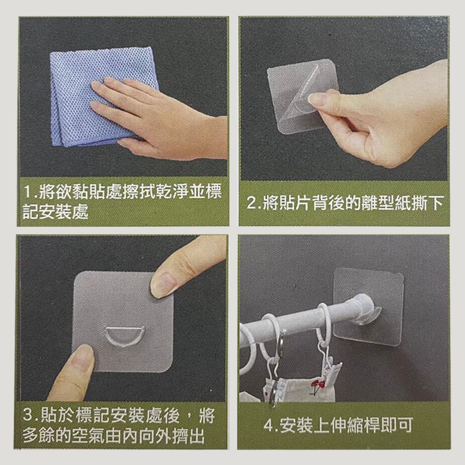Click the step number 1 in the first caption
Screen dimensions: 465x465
tap(28, 192)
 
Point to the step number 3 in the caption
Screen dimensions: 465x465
tap(27, 415)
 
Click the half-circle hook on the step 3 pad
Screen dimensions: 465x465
tap(125, 336)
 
